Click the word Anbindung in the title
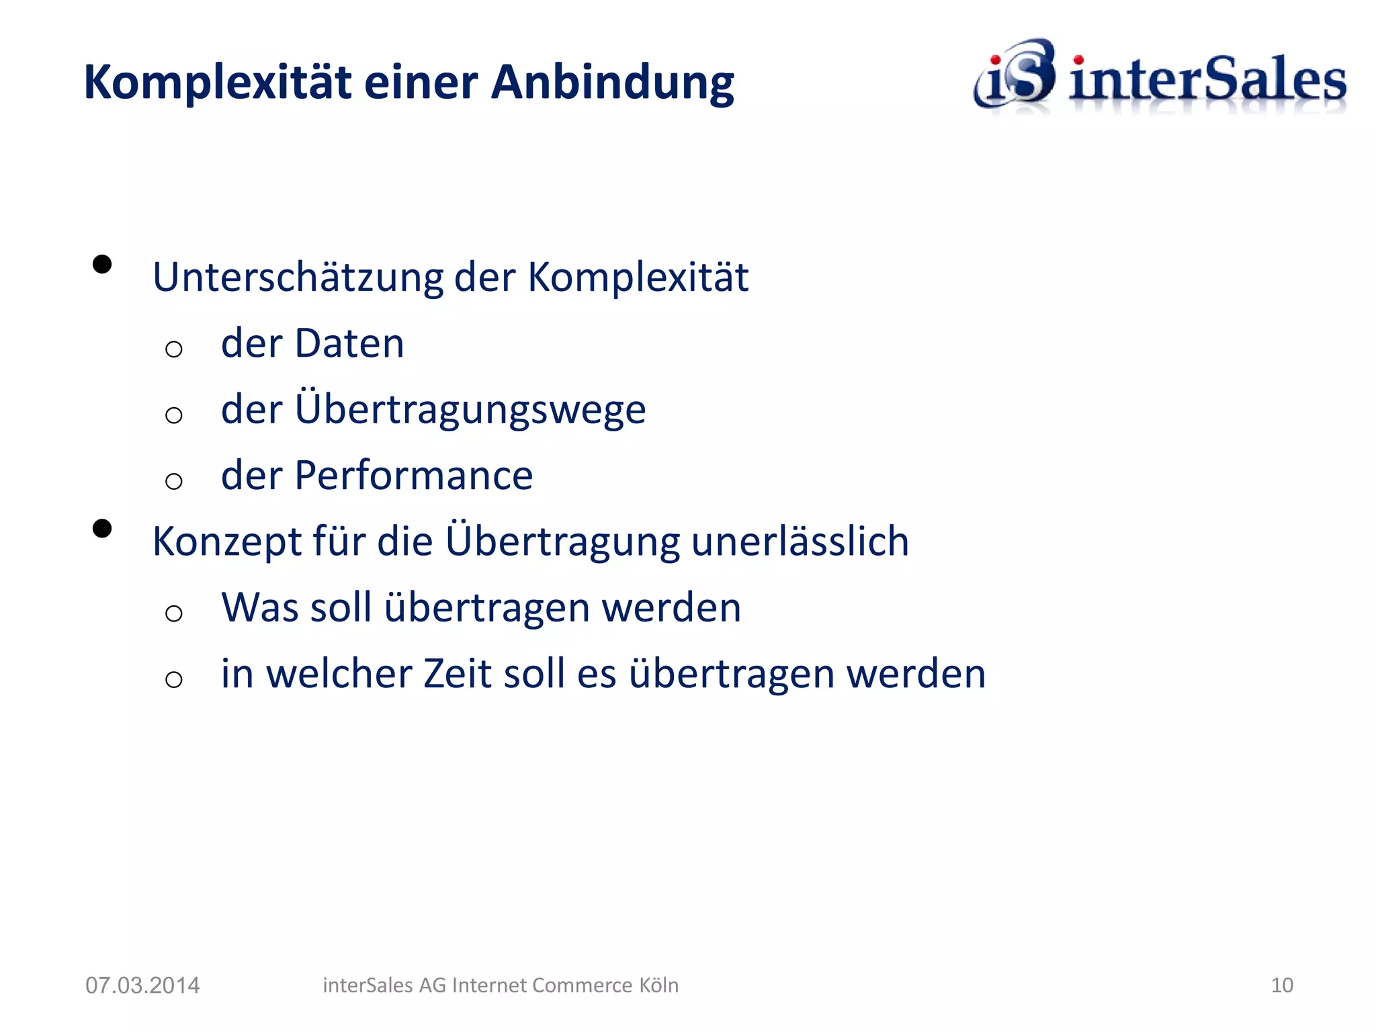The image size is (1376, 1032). tap(612, 83)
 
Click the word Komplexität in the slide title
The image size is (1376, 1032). tap(218, 83)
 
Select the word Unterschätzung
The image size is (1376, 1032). tap(298, 277)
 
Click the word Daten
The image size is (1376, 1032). tap(349, 343)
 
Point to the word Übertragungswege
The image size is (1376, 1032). tap(470, 409)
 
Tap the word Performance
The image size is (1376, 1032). tap(413, 476)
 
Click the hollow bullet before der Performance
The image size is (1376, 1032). tap(174, 481)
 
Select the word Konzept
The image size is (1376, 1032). tap(227, 542)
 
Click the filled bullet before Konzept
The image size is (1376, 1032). tap(102, 529)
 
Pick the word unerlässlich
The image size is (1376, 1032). tap(800, 542)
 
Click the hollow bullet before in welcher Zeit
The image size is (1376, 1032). tap(174, 679)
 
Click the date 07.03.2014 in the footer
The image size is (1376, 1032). tap(142, 986)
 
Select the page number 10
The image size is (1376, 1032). tap(1282, 986)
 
